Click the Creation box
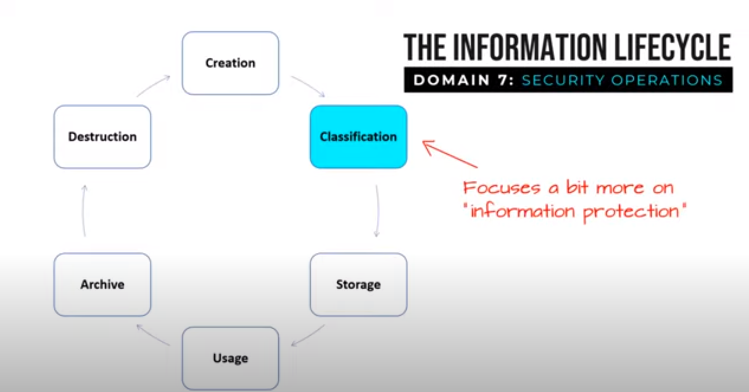click(x=230, y=63)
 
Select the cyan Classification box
click(x=358, y=137)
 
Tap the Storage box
click(x=358, y=284)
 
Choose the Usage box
click(x=230, y=358)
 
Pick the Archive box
click(x=102, y=284)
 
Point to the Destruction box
click(x=102, y=137)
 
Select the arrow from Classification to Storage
click(x=377, y=211)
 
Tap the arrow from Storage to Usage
click(x=308, y=335)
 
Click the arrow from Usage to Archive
click(x=153, y=335)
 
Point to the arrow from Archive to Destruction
click(x=84, y=211)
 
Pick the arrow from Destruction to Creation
click(x=153, y=86)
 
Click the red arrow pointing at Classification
click(x=450, y=154)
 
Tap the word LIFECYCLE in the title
click(x=672, y=47)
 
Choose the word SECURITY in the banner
click(x=563, y=80)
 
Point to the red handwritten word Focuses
click(x=502, y=188)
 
